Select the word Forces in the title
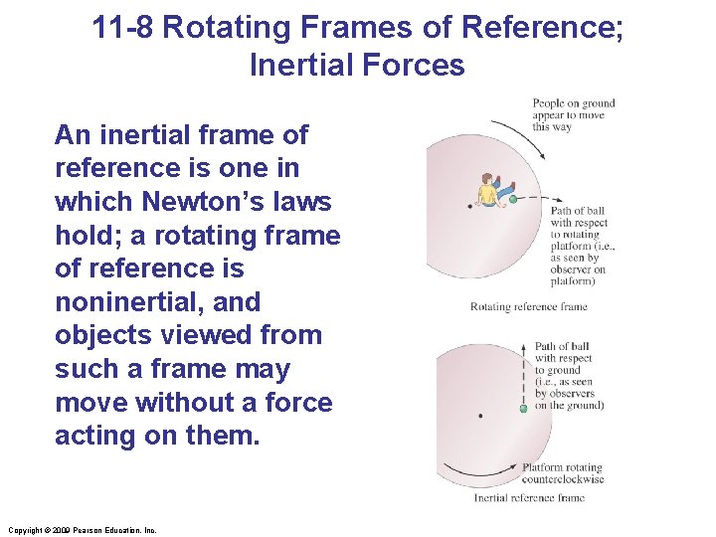416,66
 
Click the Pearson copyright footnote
82,530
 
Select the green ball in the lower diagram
523,409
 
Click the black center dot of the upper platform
469,207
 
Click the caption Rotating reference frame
528,307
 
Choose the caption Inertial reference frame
528,497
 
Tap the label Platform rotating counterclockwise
563,473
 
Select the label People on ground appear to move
574,115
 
